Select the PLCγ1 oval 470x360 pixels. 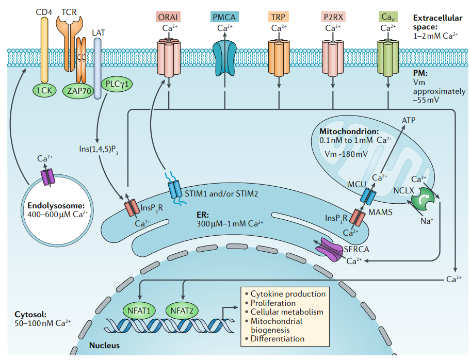pyautogui.click(x=116, y=84)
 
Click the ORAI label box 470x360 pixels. pyautogui.click(x=167, y=17)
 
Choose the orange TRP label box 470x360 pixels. pyautogui.click(x=279, y=17)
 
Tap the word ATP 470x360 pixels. pyautogui.click(x=409, y=120)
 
